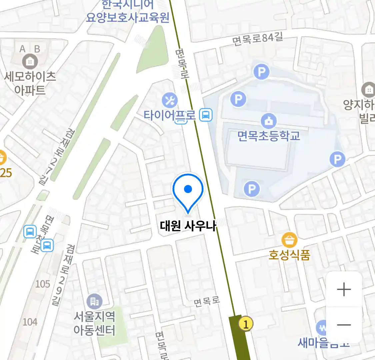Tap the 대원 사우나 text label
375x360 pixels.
(188, 226)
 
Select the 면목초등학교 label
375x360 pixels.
(269, 136)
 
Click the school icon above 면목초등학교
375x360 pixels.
(269, 121)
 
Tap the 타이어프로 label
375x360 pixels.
(169, 115)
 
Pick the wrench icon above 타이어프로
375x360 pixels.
(170, 100)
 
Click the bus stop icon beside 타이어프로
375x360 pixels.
(206, 115)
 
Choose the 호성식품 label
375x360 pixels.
(289, 255)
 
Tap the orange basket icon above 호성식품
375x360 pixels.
(289, 240)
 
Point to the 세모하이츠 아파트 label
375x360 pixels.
(30, 83)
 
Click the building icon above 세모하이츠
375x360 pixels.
(30, 62)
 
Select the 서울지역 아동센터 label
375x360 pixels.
(94, 323)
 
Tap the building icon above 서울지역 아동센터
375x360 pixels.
(94, 302)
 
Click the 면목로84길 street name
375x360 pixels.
(258, 39)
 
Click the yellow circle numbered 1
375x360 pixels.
(246, 324)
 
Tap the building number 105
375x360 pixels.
(43, 284)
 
